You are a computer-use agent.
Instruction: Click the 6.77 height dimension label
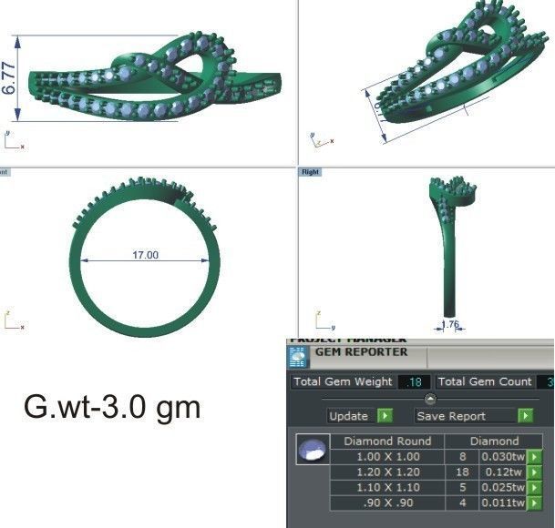[x=10, y=78]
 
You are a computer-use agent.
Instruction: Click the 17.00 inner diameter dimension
[x=145, y=255]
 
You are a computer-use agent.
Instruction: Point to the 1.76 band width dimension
[x=450, y=324]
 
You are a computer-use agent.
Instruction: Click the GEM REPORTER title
[x=361, y=352]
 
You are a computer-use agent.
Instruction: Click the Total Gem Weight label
[x=343, y=382]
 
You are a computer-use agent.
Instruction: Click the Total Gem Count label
[x=485, y=382]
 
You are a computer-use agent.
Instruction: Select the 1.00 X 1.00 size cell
[x=387, y=457]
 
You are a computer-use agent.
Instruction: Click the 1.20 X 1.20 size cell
[x=387, y=472]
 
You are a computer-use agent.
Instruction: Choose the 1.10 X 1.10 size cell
[x=387, y=488]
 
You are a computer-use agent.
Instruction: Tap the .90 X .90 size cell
[x=387, y=503]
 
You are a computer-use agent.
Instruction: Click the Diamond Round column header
[x=387, y=442]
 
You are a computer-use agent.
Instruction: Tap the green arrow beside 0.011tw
[x=534, y=503]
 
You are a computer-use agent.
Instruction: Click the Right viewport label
[x=309, y=171]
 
